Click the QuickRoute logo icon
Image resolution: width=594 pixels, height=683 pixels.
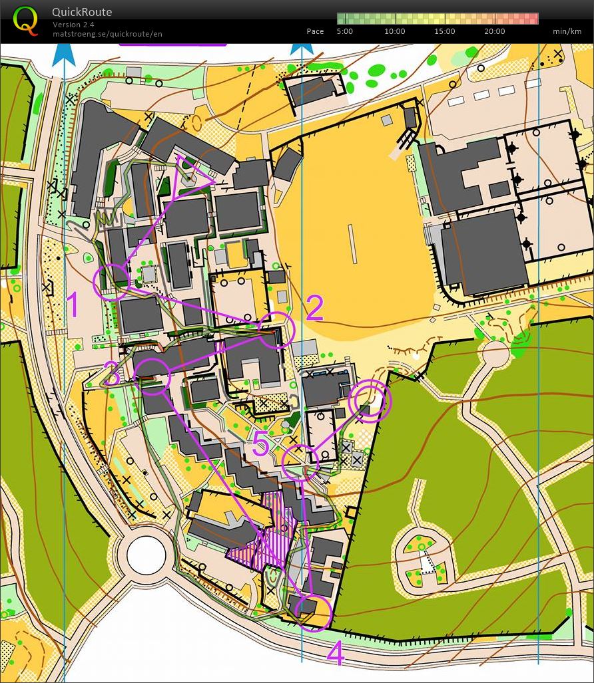pos(26,19)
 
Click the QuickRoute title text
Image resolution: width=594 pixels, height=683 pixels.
pos(82,12)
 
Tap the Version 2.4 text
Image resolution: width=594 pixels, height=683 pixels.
pos(73,25)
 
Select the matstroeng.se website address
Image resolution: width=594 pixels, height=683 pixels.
pos(107,33)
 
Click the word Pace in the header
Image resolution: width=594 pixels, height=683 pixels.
pos(315,31)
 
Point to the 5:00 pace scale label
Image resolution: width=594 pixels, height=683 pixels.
pos(345,31)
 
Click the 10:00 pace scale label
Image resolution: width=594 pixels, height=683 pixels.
pos(394,31)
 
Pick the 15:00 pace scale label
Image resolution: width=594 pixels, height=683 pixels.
pos(444,31)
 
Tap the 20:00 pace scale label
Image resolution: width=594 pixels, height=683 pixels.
pos(494,31)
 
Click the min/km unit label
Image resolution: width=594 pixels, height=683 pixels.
pos(567,31)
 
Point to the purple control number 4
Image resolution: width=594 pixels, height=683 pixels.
pos(336,654)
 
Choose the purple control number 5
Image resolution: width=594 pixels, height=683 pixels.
pos(260,444)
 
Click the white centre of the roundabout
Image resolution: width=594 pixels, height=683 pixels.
pos(146,555)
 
